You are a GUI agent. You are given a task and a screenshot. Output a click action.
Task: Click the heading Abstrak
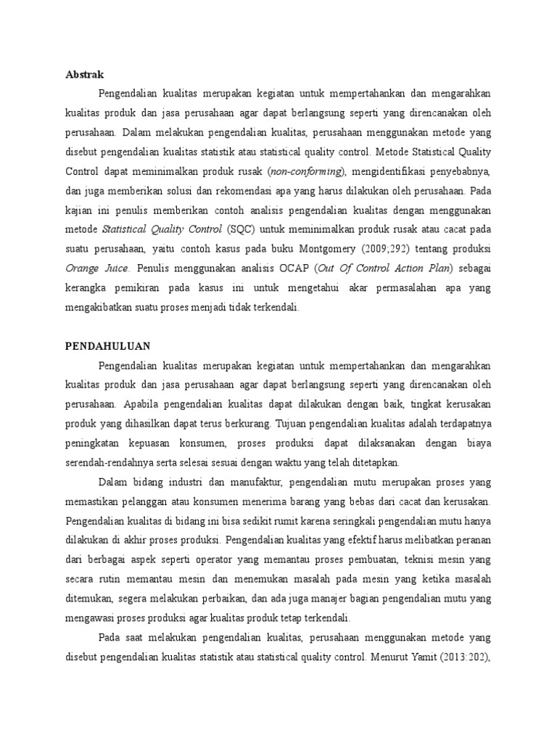coord(85,74)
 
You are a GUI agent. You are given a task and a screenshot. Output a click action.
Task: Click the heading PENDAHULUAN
coord(107,346)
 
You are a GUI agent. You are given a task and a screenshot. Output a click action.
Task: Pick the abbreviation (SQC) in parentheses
coord(239,229)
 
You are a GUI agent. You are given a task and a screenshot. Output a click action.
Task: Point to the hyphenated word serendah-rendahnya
coord(112,463)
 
